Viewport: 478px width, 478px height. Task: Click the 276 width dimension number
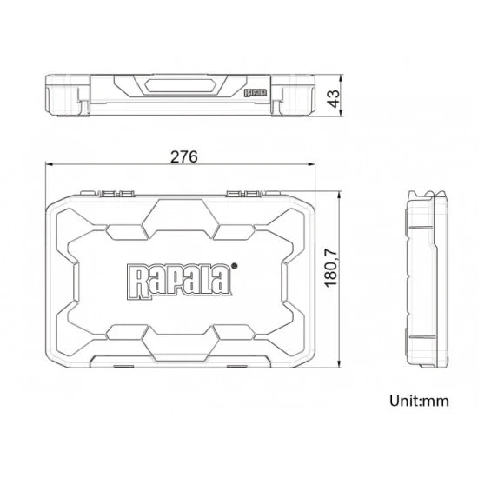pyautogui.click(x=184, y=157)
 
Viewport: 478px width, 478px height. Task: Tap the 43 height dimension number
pyautogui.click(x=334, y=98)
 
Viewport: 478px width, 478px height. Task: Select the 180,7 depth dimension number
pyautogui.click(x=331, y=269)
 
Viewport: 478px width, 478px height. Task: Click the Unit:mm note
pyautogui.click(x=419, y=401)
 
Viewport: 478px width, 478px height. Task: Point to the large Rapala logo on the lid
pyautogui.click(x=180, y=281)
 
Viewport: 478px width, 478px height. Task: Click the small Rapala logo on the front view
pyautogui.click(x=256, y=93)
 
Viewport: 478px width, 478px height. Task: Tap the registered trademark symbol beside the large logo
pyautogui.click(x=234, y=266)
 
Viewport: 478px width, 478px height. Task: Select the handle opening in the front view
pyautogui.click(x=181, y=86)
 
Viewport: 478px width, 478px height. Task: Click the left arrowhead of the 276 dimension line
pyautogui.click(x=50, y=164)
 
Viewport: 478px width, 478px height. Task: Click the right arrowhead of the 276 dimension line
pyautogui.click(x=311, y=164)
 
